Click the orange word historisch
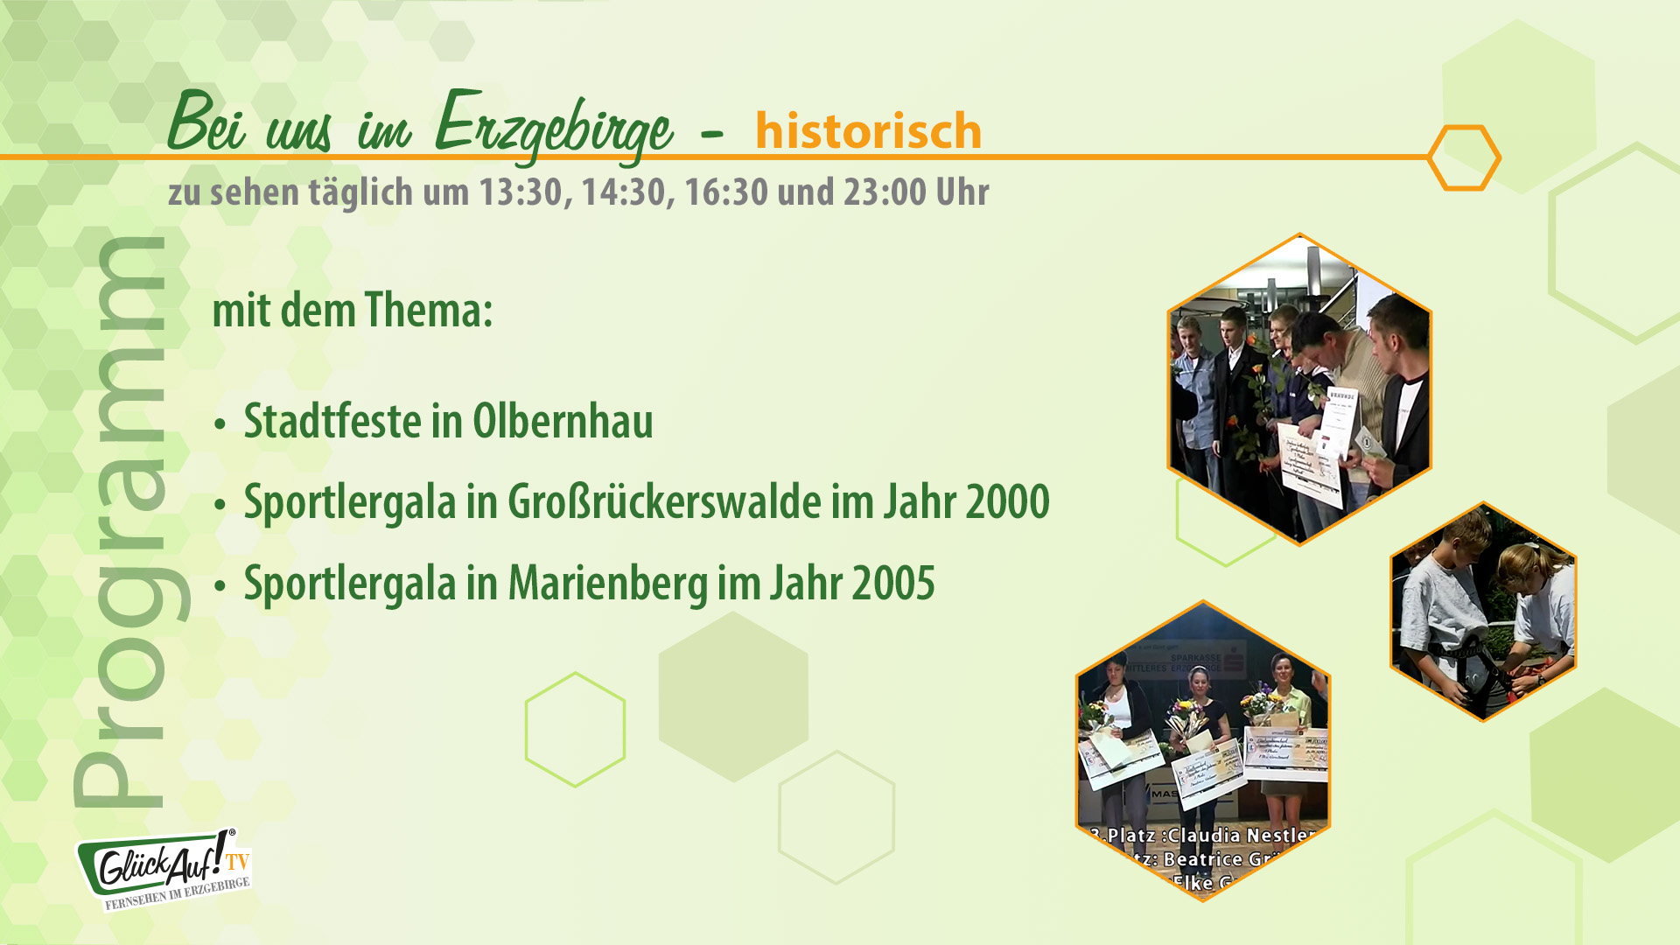coord(868,131)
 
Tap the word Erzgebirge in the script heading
coord(553,127)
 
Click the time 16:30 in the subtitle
coord(725,192)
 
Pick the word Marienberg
coord(607,584)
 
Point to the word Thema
coord(428,311)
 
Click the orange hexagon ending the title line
coord(1464,157)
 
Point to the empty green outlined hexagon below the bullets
coord(575,729)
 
